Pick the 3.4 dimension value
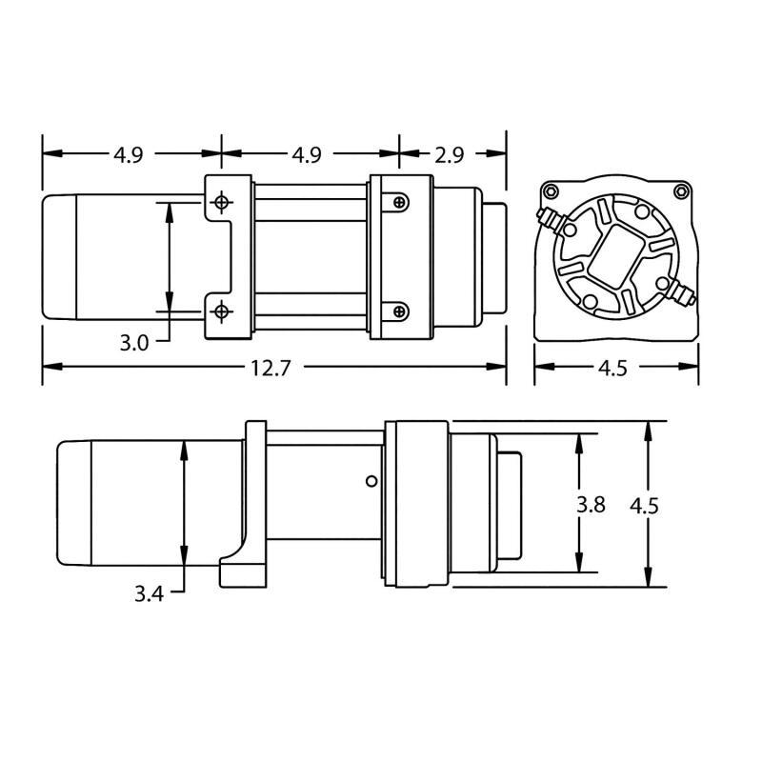click(x=149, y=595)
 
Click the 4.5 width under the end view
click(x=615, y=368)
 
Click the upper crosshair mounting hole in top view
click(x=221, y=202)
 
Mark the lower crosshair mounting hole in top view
click(x=221, y=311)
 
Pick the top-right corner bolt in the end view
click(x=680, y=191)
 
